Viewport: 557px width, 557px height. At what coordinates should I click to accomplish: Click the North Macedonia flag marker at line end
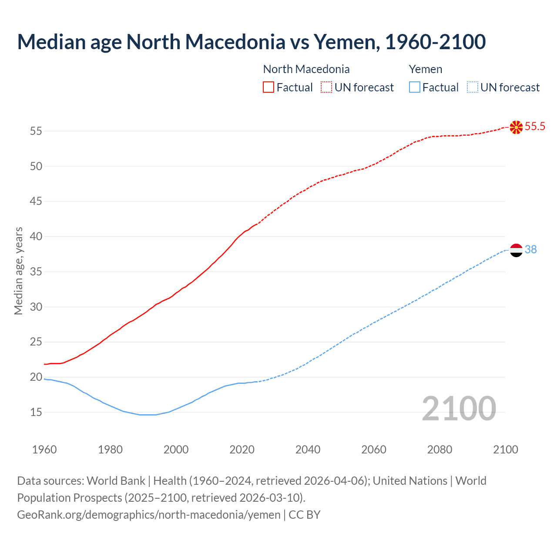[516, 127]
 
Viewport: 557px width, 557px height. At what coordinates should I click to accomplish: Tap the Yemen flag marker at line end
[516, 250]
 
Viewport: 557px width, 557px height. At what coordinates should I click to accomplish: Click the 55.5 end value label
[535, 127]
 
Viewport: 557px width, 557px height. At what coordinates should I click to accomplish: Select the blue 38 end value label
[531, 250]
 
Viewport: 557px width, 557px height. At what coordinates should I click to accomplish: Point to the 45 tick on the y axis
[36, 201]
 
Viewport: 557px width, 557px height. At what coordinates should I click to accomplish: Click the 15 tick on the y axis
[36, 412]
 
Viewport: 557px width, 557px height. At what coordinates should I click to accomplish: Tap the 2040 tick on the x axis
[308, 450]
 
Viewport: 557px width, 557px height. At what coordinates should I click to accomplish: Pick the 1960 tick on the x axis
[44, 450]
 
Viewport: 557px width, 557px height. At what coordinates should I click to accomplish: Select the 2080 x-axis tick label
[440, 450]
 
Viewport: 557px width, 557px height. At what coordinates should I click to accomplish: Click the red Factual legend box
[268, 87]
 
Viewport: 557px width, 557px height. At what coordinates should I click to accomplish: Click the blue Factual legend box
[414, 87]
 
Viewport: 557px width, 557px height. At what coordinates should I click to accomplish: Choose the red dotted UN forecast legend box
[326, 87]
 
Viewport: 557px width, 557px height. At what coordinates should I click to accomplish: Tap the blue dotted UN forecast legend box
[472, 87]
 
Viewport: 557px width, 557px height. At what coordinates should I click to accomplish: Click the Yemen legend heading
[426, 69]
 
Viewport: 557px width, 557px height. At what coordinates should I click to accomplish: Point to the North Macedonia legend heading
[306, 69]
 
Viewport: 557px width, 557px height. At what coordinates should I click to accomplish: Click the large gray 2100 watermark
[459, 409]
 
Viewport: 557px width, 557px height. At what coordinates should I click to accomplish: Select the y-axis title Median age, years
[18, 271]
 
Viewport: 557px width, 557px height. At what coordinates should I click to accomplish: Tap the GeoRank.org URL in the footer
[149, 515]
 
